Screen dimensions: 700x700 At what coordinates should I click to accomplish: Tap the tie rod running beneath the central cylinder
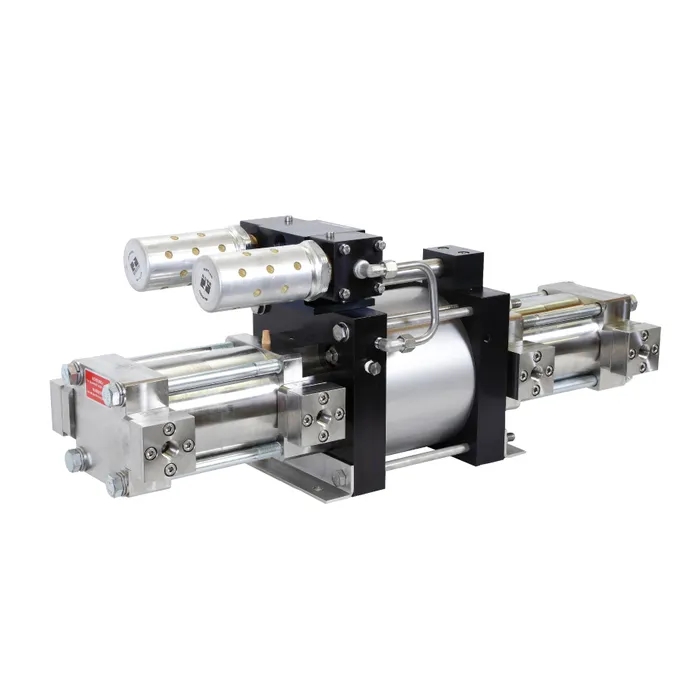pos(420,461)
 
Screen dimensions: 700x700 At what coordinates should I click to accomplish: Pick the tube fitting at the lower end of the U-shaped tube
pos(385,341)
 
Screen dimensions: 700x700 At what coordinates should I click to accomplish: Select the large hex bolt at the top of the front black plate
pos(340,331)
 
